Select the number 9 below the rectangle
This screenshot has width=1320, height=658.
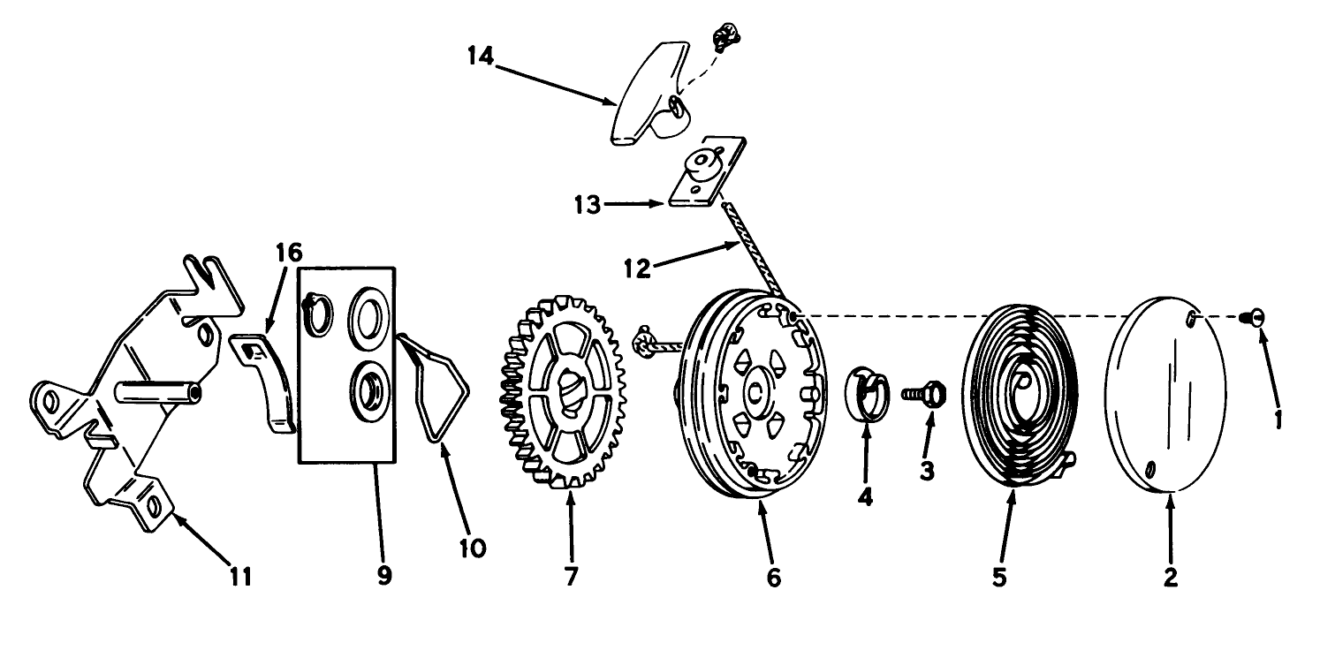pyautogui.click(x=383, y=575)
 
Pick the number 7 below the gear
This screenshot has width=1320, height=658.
pyautogui.click(x=571, y=576)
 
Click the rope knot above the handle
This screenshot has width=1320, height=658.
pyautogui.click(x=724, y=36)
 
